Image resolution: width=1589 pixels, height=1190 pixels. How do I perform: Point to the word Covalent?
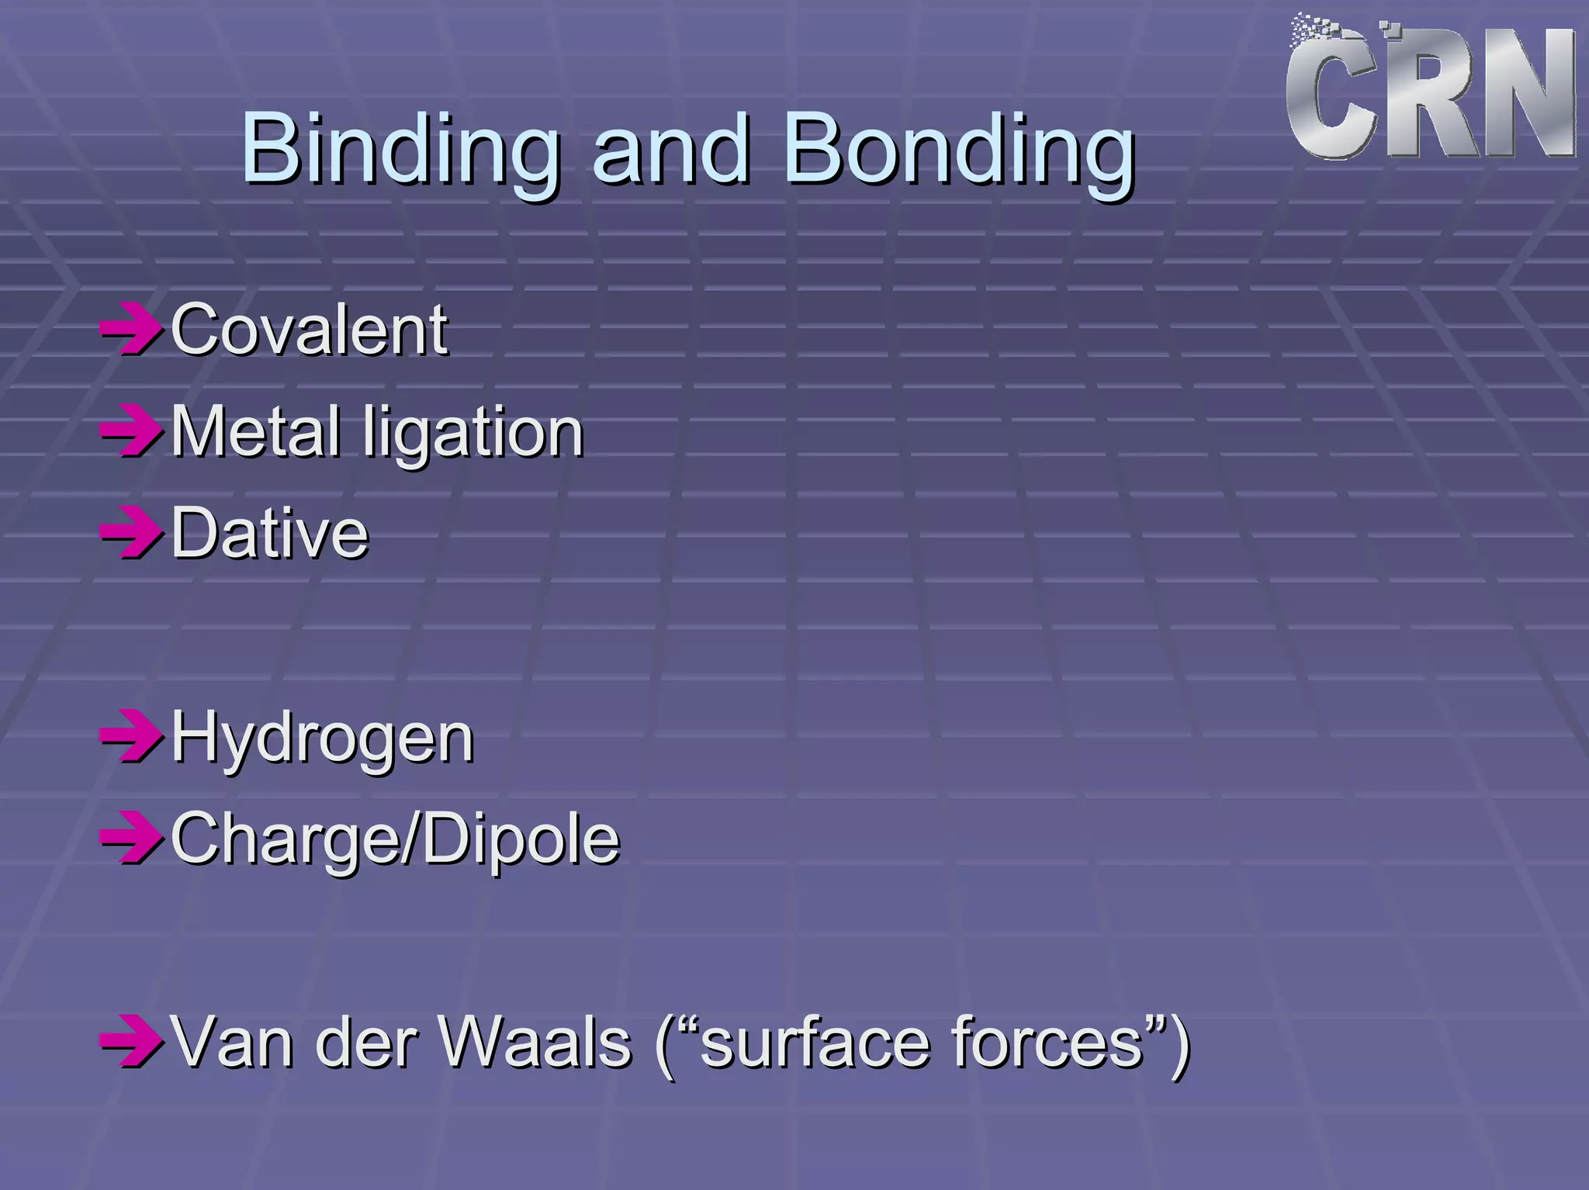point(309,330)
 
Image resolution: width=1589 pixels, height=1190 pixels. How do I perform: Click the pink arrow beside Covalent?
point(131,330)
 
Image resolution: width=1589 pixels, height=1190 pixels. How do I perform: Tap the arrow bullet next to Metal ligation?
point(131,431)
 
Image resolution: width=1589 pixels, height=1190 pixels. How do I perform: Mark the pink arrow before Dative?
point(131,533)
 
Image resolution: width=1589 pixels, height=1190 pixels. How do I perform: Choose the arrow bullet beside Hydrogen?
point(131,737)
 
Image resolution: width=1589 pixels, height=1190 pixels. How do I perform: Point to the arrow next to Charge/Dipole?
point(131,839)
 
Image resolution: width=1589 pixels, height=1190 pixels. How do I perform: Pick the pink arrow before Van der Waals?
point(131,1043)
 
